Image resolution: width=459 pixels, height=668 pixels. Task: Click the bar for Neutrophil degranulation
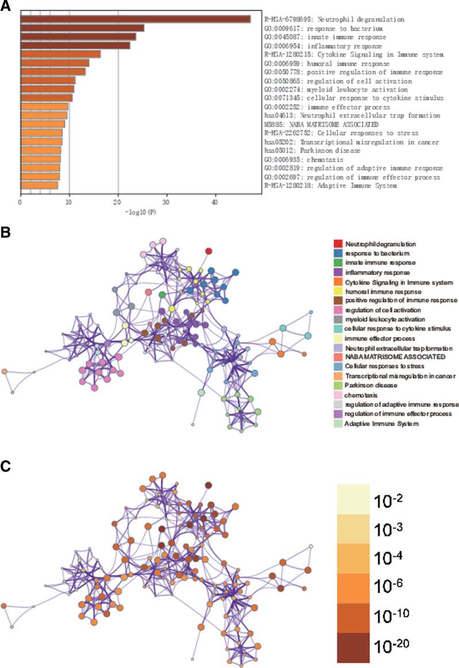[135, 19]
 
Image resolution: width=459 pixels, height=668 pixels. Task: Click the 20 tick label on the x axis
[118, 202]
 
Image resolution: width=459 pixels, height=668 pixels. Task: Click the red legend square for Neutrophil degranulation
[337, 244]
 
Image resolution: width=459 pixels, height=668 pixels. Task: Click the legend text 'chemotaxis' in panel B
[362, 395]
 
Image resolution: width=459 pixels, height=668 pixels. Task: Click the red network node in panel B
[209, 251]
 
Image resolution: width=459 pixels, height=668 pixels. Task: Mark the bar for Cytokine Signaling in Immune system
[60, 54]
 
